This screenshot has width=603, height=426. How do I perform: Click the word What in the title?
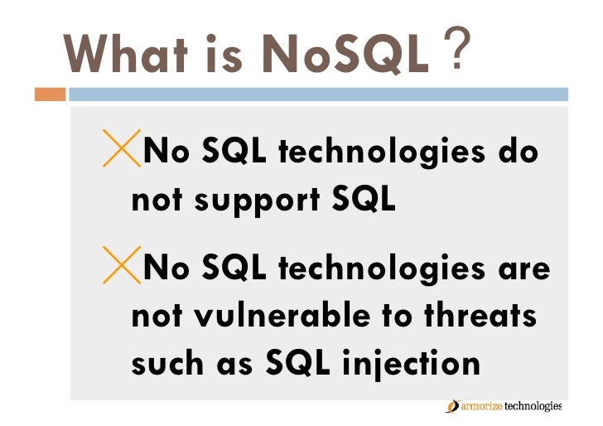[125, 54]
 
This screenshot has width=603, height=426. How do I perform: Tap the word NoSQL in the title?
[345, 54]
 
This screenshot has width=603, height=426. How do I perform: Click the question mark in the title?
[457, 47]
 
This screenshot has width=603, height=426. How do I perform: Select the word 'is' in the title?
[224, 54]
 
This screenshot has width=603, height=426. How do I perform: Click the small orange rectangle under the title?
[50, 94]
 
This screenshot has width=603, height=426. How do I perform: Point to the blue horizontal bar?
[318, 94]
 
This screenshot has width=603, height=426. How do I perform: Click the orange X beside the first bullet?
[122, 148]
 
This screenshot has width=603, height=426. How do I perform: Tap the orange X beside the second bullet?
[122, 265]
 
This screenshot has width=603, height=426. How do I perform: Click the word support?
[257, 201]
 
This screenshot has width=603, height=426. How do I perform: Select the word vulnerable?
[282, 316]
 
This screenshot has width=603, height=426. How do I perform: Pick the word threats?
[480, 316]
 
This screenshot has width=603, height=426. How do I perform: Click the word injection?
[411, 365]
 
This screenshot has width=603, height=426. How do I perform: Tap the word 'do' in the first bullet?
[518, 151]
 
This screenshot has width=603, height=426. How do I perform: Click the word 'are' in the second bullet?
[524, 269]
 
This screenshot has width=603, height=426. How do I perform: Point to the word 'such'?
[167, 363]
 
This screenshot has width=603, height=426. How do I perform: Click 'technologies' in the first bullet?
[382, 152]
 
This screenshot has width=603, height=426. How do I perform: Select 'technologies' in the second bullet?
[382, 269]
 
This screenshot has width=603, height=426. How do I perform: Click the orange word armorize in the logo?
[481, 406]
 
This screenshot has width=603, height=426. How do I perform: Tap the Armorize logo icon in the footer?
[453, 406]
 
